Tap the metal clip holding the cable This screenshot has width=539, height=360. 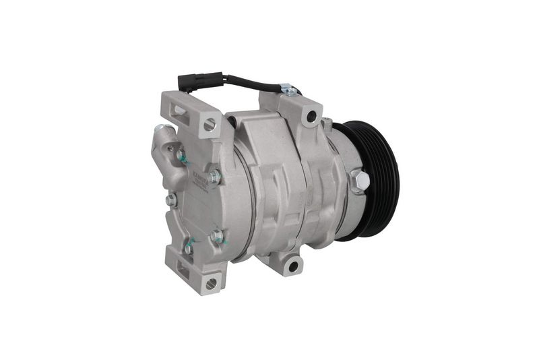(x=288, y=89)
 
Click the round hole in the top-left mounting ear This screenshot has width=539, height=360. (x=209, y=124)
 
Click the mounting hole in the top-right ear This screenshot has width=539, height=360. (x=311, y=117)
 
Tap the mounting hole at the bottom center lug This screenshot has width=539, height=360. (x=292, y=266)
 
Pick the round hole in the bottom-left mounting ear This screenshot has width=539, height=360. (x=212, y=282)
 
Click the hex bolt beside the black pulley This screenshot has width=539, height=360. (x=359, y=181)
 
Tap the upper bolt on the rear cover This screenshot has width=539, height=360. (x=214, y=177)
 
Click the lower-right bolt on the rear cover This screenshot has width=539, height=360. (x=217, y=236)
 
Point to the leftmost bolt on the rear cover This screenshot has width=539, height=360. (x=171, y=200)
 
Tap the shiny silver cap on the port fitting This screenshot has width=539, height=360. (x=160, y=128)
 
